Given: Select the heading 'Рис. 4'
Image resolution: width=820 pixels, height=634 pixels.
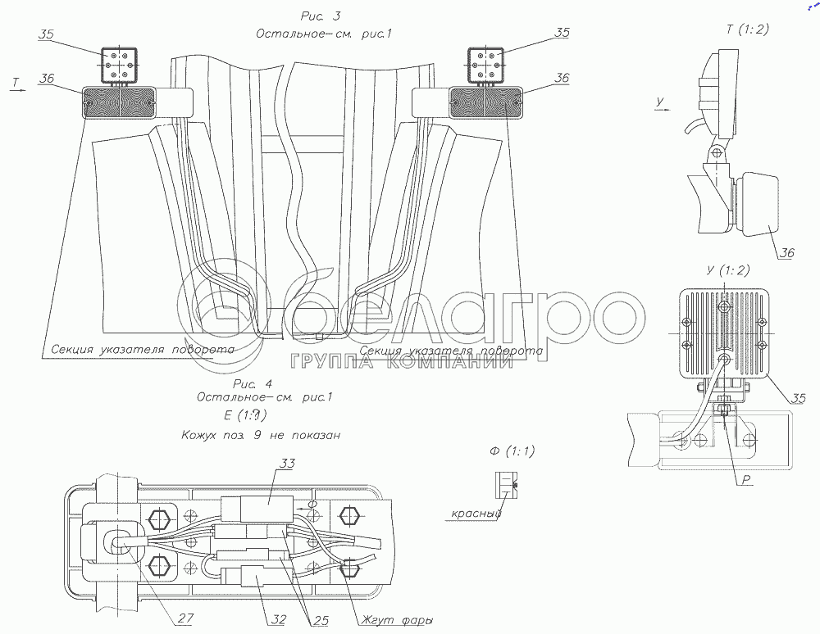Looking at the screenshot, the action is coord(252,383).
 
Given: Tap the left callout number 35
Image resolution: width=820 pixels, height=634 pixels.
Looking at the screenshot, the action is coord(47,35).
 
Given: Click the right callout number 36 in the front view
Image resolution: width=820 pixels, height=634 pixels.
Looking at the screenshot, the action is coord(562,78).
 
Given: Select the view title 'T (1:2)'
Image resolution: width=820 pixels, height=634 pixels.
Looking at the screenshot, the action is coord(747,29).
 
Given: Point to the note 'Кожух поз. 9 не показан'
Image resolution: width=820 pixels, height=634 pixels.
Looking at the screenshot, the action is coord(260,435).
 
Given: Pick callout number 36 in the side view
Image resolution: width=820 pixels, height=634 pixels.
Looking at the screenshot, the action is coord(786,253).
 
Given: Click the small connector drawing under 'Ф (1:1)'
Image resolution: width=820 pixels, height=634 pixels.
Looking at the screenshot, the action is coord(505,486).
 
